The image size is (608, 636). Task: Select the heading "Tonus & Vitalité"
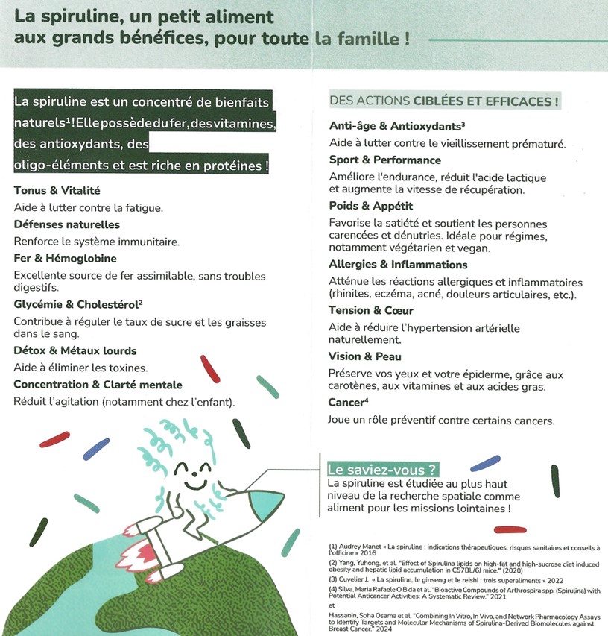pos(57,191)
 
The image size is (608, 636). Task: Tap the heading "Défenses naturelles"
pos(66,224)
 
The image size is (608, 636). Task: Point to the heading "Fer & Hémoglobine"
pos(65,259)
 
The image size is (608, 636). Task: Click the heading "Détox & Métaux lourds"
pos(75,350)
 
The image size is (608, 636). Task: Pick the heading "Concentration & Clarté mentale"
pos(98,385)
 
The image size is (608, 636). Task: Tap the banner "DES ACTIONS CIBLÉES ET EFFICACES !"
pos(444,101)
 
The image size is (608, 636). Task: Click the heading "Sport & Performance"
pos(384,160)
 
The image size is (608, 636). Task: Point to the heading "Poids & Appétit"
pos(370,206)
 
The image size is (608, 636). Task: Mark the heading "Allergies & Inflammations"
pos(398,265)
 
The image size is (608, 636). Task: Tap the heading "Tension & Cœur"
pos(370,310)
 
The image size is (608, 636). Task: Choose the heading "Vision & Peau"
pos(365,356)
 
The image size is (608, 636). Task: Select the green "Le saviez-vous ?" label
pos(382,470)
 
